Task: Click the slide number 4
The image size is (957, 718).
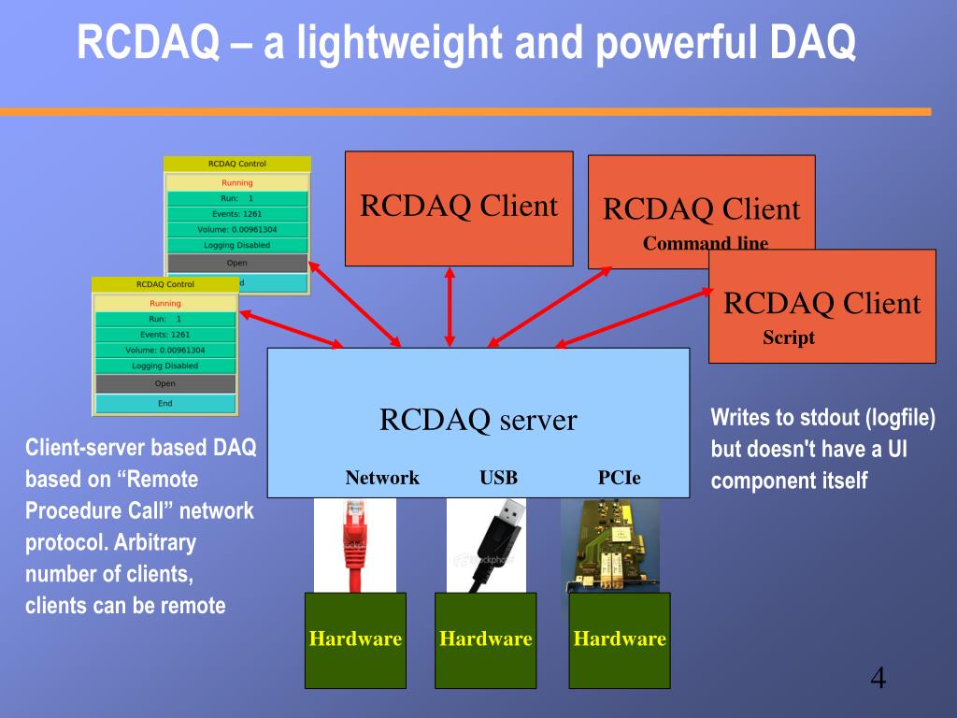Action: coord(878,678)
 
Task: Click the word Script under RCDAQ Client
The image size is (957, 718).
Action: coord(789,338)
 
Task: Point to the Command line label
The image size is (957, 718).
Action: coord(706,244)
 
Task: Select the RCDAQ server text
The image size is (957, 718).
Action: coord(478,420)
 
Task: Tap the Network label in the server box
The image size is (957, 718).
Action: coord(382,478)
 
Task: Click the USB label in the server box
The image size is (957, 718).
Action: coord(498,478)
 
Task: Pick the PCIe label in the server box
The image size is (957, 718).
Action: coord(620,478)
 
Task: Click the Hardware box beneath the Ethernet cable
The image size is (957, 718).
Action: coord(355,639)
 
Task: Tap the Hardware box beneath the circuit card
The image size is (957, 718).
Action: coord(620,639)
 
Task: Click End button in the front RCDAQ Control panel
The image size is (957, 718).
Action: coord(164,404)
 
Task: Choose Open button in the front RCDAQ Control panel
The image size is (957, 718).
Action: coord(164,383)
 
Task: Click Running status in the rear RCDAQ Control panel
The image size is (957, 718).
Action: coord(237,183)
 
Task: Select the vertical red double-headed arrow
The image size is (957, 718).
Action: coord(450,307)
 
